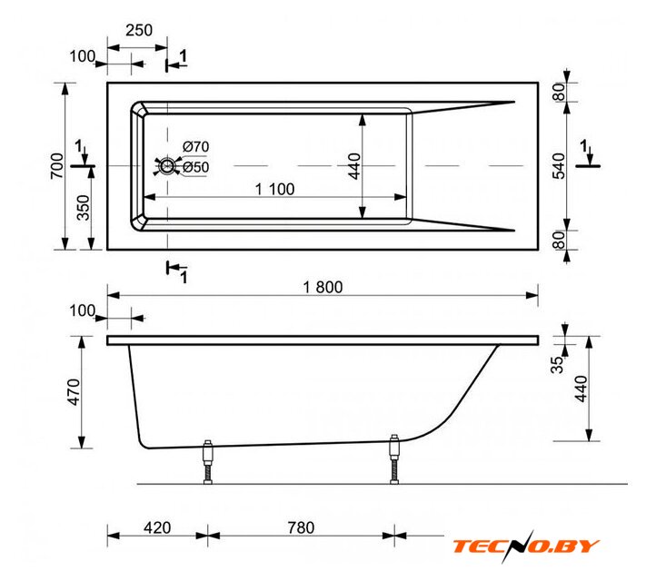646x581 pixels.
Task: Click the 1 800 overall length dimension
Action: tap(323, 287)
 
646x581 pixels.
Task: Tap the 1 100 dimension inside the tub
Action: tap(274, 189)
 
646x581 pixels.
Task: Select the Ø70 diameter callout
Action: tap(195, 146)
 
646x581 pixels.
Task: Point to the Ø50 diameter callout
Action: tap(195, 167)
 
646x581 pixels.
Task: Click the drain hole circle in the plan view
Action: tap(167, 166)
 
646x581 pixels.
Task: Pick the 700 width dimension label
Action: tap(57, 166)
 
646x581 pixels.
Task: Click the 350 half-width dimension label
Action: tap(83, 208)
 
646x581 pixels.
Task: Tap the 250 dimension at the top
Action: tap(139, 30)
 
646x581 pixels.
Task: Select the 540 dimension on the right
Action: tap(559, 166)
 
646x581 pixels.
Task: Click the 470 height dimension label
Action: tap(74, 392)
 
